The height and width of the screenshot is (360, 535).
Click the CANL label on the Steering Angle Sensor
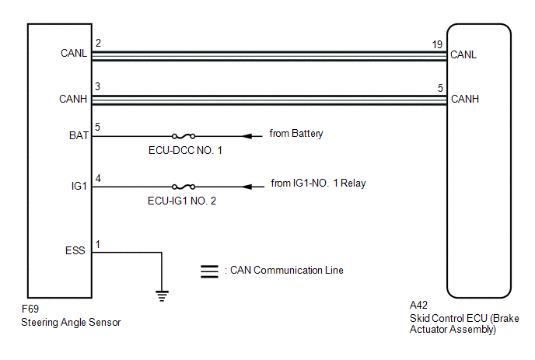[74, 53]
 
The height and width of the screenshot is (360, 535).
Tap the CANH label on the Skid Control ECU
[465, 99]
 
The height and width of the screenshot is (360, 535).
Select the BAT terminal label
[79, 135]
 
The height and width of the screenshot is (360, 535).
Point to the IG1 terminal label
[79, 186]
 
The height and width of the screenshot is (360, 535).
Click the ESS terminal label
[75, 250]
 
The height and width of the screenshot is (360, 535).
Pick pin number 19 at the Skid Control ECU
[437, 44]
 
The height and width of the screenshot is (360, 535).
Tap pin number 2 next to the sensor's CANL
[98, 43]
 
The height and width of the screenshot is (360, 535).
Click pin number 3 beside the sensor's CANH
[98, 86]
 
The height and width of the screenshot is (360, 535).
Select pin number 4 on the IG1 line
[98, 179]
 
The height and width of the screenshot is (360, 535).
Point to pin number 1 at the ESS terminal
[98, 245]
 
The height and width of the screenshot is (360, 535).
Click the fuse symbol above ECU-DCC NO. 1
[184, 136]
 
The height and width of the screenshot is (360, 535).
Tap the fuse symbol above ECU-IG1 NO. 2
[184, 187]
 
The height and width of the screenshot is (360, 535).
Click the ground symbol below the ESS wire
[162, 295]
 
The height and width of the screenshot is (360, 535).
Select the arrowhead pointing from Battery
[247, 136]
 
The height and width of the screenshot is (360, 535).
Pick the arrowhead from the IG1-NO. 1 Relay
[247, 187]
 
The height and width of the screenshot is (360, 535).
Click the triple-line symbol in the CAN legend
[209, 271]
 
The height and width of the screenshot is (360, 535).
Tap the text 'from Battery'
[296, 134]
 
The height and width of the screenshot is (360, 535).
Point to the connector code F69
[30, 309]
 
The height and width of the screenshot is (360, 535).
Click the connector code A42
[418, 305]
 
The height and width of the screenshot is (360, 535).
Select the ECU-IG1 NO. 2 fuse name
[182, 201]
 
